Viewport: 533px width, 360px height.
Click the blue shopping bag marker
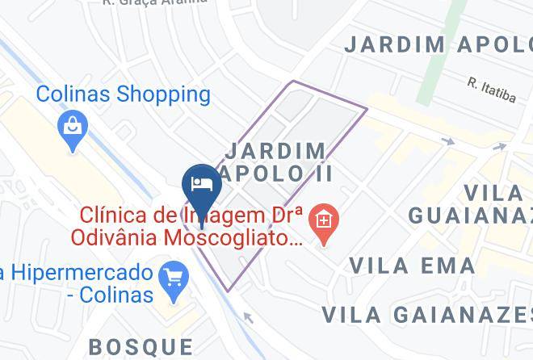click(x=73, y=126)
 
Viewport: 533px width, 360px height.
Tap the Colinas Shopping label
click(x=123, y=94)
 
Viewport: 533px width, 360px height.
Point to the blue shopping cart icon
click(x=174, y=278)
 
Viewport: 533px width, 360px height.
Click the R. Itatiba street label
click(x=491, y=89)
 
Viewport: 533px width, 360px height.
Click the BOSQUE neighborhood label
click(x=141, y=347)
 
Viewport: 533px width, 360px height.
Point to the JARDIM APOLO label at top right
click(x=438, y=44)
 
